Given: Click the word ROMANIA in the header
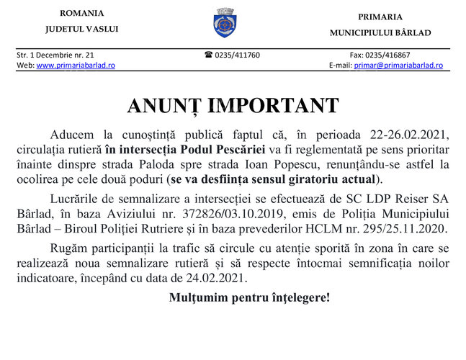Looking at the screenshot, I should click(81, 14).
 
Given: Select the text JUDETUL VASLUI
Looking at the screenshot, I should click(81, 29).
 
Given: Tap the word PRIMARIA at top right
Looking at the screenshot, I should click(380, 17).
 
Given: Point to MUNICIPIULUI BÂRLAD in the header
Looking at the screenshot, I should click(380, 32).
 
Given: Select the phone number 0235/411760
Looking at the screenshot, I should click(237, 55).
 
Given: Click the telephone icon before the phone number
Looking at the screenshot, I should click(208, 55).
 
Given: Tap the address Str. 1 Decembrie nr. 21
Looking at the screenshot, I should click(55, 55).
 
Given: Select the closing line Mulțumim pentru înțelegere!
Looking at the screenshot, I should click(249, 297).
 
